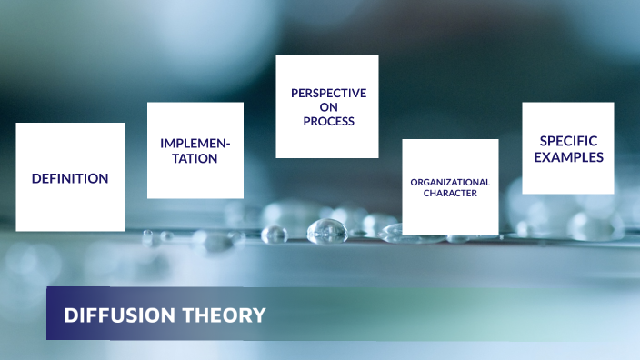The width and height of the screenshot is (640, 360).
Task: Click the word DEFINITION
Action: tap(70, 179)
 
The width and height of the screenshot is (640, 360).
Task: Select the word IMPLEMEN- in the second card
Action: tap(195, 144)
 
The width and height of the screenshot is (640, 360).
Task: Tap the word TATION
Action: tap(195, 158)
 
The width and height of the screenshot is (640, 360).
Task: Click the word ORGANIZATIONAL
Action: tap(450, 182)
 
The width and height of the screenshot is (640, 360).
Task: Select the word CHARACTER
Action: tap(450, 194)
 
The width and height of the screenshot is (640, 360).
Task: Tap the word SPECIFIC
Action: tap(568, 141)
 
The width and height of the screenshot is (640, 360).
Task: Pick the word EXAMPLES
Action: tap(568, 156)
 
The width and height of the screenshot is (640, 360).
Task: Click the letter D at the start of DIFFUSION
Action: tap(69, 315)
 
